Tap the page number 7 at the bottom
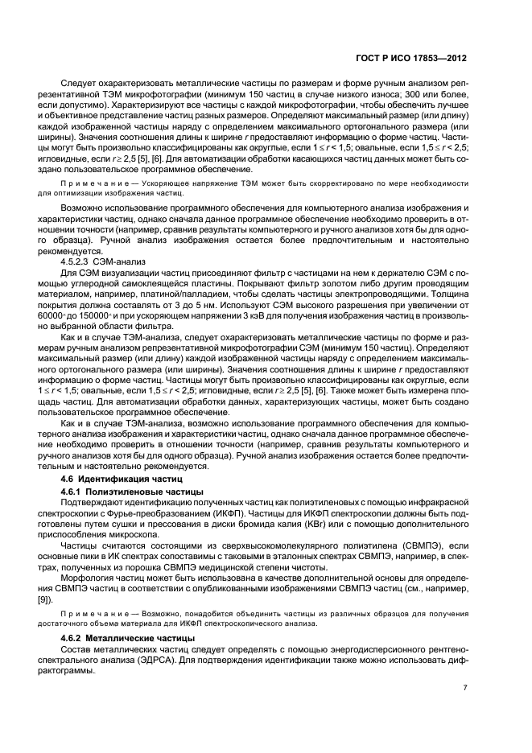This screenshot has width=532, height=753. (x=465, y=688)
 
